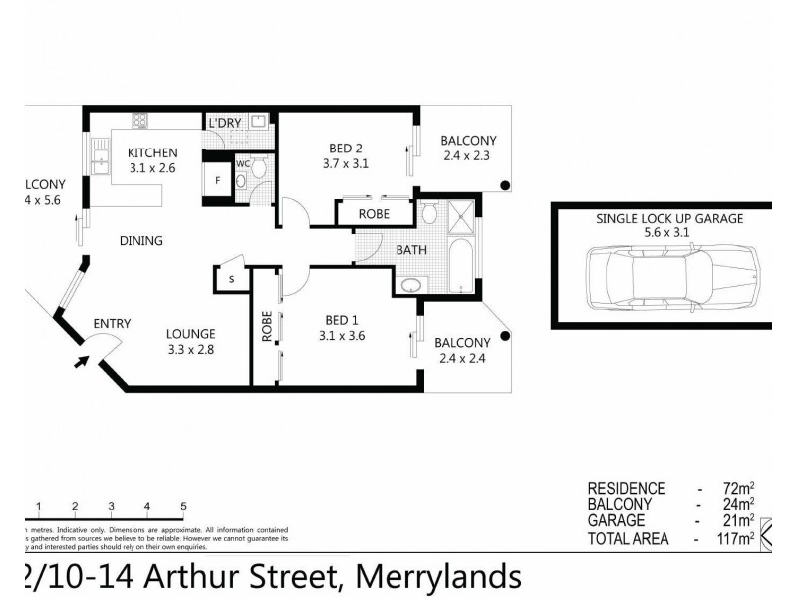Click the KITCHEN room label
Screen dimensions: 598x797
click(152, 152)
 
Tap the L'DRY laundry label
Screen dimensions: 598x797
click(224, 123)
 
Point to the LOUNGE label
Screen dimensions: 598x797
click(191, 334)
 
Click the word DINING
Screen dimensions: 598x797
click(140, 240)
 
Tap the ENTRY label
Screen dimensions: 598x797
click(112, 323)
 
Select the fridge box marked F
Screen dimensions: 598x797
click(216, 181)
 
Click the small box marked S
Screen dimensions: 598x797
click(230, 280)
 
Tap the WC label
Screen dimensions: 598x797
click(242, 164)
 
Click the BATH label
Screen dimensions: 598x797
click(412, 250)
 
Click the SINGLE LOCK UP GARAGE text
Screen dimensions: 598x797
click(669, 218)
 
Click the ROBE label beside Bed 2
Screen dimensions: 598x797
click(375, 212)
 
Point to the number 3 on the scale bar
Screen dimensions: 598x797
click(111, 507)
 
